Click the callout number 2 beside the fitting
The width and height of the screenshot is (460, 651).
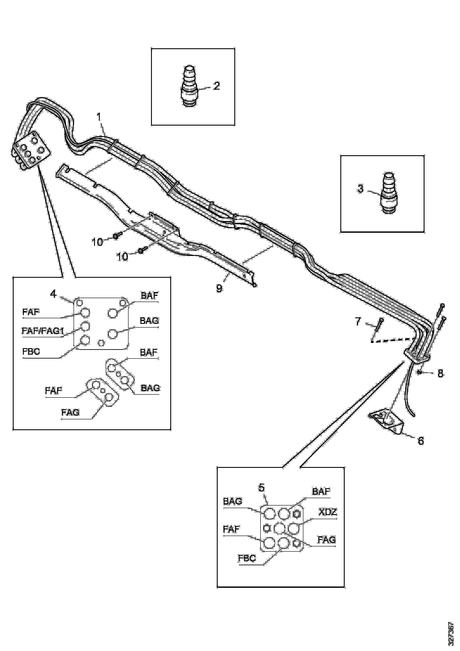(x=217, y=86)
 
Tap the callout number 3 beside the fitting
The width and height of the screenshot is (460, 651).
(x=360, y=189)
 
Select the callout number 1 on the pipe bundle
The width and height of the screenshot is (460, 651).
(x=99, y=117)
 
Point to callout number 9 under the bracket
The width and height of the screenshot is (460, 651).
(x=219, y=289)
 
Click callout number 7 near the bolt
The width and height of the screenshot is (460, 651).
(x=358, y=321)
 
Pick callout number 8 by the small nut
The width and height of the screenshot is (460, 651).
(x=440, y=373)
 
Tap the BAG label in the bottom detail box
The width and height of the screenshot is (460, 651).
(x=232, y=501)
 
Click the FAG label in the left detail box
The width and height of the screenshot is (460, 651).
(x=70, y=412)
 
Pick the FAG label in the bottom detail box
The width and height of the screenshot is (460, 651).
(x=327, y=540)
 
